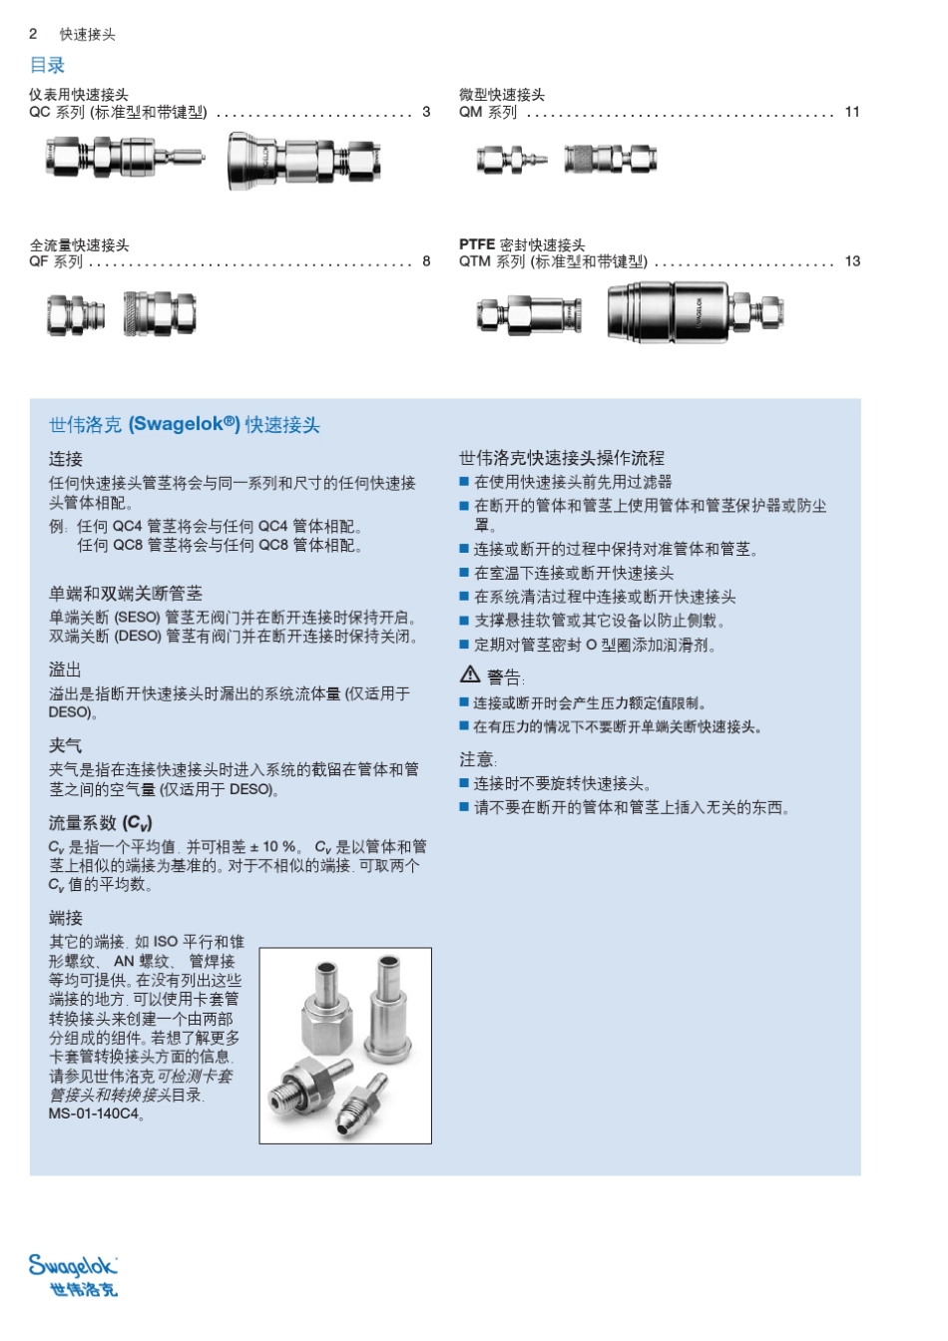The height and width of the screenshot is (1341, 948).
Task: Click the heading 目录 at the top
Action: coord(47,66)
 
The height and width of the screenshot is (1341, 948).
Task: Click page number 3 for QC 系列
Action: coord(426,112)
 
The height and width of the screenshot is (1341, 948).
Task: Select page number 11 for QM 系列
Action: coord(851,112)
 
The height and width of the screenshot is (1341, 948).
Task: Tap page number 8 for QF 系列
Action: coord(426,261)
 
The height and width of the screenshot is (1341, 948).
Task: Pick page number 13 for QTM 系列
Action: coord(851,261)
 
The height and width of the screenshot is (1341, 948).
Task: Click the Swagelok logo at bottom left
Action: coord(73,1274)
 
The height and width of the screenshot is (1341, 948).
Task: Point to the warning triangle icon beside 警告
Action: coord(470,674)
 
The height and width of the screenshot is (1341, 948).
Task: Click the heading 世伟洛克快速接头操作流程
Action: coord(561,458)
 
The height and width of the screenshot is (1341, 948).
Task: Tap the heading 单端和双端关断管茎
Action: coord(125,594)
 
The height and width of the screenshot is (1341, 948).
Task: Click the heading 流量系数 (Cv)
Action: coord(100,823)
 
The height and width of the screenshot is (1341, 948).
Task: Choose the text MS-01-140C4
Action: coord(95,1114)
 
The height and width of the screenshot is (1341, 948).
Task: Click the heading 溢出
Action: coord(65,670)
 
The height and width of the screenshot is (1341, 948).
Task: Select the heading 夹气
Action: coord(65,745)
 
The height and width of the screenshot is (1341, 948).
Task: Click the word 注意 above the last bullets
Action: coord(477,759)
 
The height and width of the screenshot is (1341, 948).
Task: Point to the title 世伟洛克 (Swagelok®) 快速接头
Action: coord(185,425)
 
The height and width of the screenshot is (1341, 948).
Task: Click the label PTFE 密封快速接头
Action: coord(522,244)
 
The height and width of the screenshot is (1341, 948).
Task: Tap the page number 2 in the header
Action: coord(33,34)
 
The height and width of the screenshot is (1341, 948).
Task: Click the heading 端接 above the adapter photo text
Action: coord(65,918)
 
